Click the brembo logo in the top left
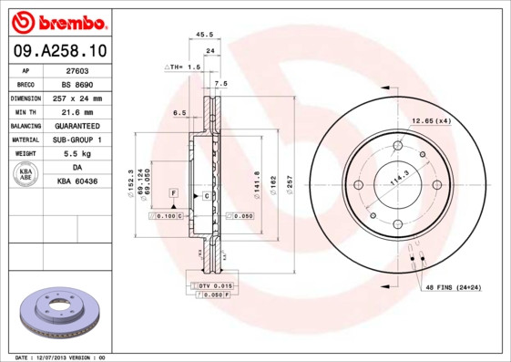click(x=57, y=21)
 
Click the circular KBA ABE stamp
click(x=26, y=175)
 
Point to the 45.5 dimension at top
click(x=205, y=36)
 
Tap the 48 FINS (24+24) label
click(x=453, y=288)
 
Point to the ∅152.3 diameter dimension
click(x=133, y=181)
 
